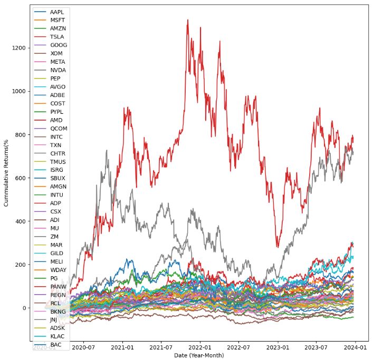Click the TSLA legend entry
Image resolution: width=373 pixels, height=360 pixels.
coord(58,36)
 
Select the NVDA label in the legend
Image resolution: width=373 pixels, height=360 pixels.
coord(58,70)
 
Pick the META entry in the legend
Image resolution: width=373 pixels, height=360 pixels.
coord(58,62)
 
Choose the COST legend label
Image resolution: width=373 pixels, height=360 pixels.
coord(58,103)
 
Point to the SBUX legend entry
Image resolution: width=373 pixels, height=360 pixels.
coord(58,178)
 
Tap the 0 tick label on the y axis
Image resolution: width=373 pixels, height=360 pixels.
coord(23,308)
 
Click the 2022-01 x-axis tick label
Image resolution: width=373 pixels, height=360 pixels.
coord(200,347)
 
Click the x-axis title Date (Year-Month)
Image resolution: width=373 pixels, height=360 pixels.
coord(199,355)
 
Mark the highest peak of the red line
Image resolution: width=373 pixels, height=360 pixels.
coord(187,20)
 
